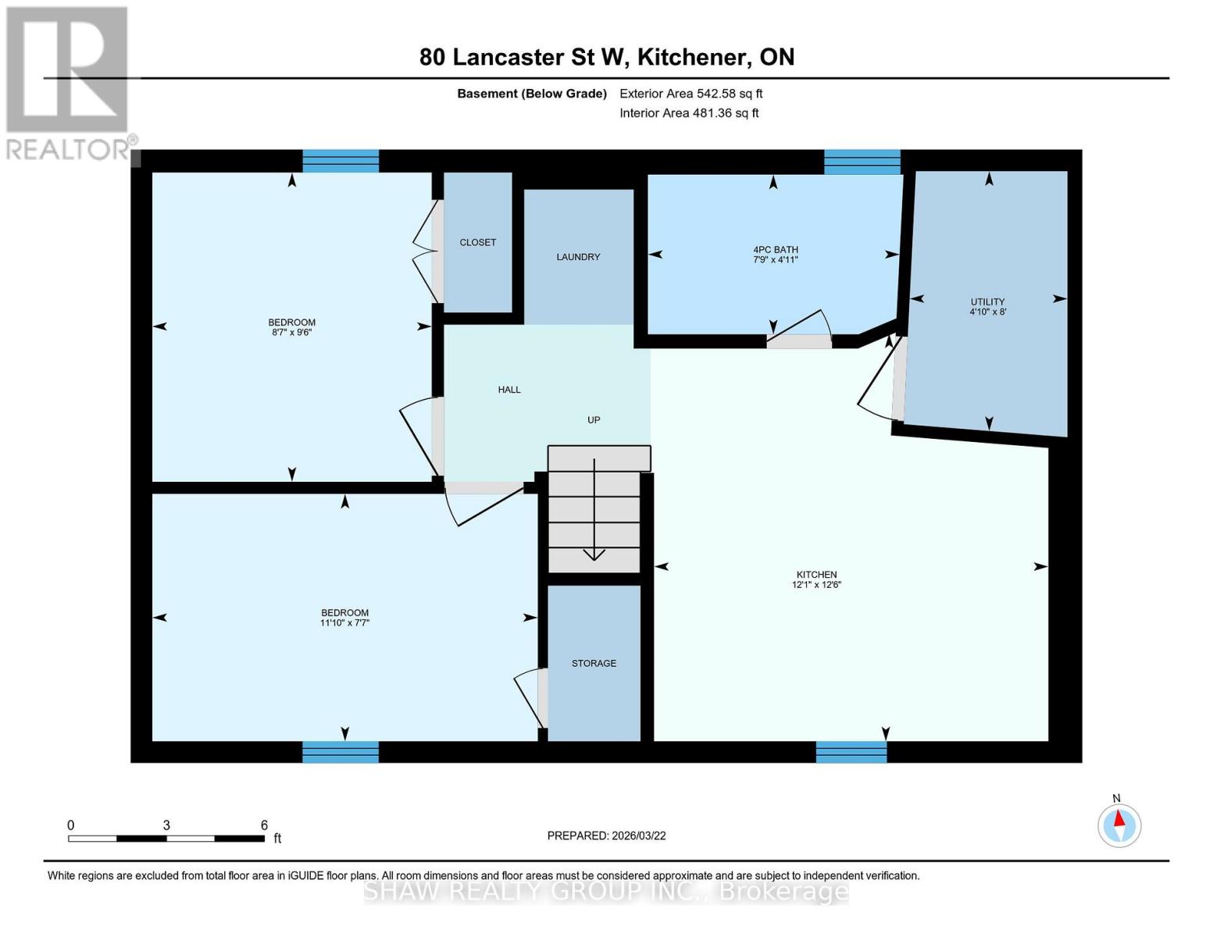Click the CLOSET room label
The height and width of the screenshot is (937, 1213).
coord(477,242)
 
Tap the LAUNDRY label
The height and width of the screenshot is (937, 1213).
coord(578,257)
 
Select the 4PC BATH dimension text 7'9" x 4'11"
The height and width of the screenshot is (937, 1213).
coord(776,260)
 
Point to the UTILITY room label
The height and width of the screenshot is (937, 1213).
coord(987,301)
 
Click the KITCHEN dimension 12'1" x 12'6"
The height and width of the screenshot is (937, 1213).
coord(816,585)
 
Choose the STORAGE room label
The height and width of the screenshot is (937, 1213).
coord(594,663)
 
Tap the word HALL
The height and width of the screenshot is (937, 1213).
coord(509,390)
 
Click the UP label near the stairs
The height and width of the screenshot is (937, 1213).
coord(594,420)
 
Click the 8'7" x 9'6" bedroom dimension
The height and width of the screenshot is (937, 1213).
coord(291,333)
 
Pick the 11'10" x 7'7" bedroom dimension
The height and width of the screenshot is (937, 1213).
coord(344,623)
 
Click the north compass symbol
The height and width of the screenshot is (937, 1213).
coord(1119,825)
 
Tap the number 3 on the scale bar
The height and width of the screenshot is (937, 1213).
coord(166,825)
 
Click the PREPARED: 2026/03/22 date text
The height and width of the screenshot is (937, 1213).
coord(606,835)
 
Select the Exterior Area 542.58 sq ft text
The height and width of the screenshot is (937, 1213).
coord(690,94)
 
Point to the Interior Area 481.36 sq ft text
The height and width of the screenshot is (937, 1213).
coord(689,113)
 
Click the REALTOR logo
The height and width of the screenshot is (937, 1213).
coord(69,82)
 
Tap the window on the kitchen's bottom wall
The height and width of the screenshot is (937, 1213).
coord(851,752)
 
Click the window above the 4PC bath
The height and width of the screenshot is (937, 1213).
coord(862,162)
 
